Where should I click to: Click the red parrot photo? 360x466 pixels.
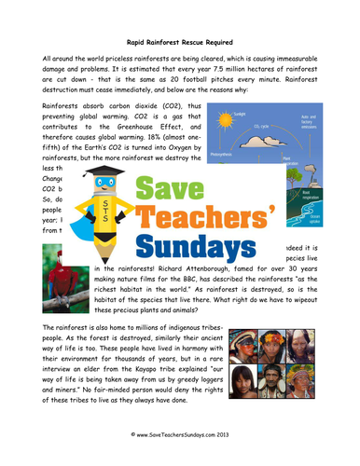click(66, 290)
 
